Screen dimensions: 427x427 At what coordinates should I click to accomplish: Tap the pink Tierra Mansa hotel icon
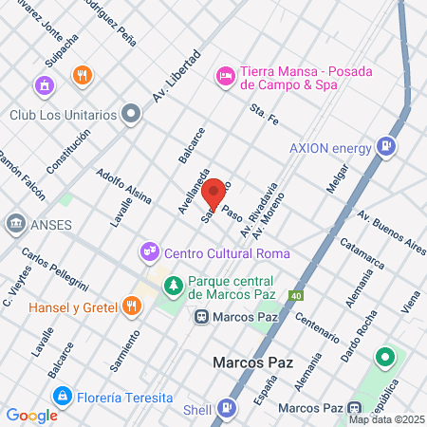(225, 73)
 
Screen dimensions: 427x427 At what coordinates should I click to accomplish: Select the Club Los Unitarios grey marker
(132, 115)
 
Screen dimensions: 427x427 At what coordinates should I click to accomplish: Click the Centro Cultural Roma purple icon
(149, 251)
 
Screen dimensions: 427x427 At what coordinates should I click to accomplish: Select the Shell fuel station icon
(225, 408)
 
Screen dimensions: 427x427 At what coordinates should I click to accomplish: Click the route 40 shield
(296, 296)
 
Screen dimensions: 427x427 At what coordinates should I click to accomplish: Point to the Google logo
(31, 415)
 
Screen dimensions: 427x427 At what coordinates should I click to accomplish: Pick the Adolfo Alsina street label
(123, 185)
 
